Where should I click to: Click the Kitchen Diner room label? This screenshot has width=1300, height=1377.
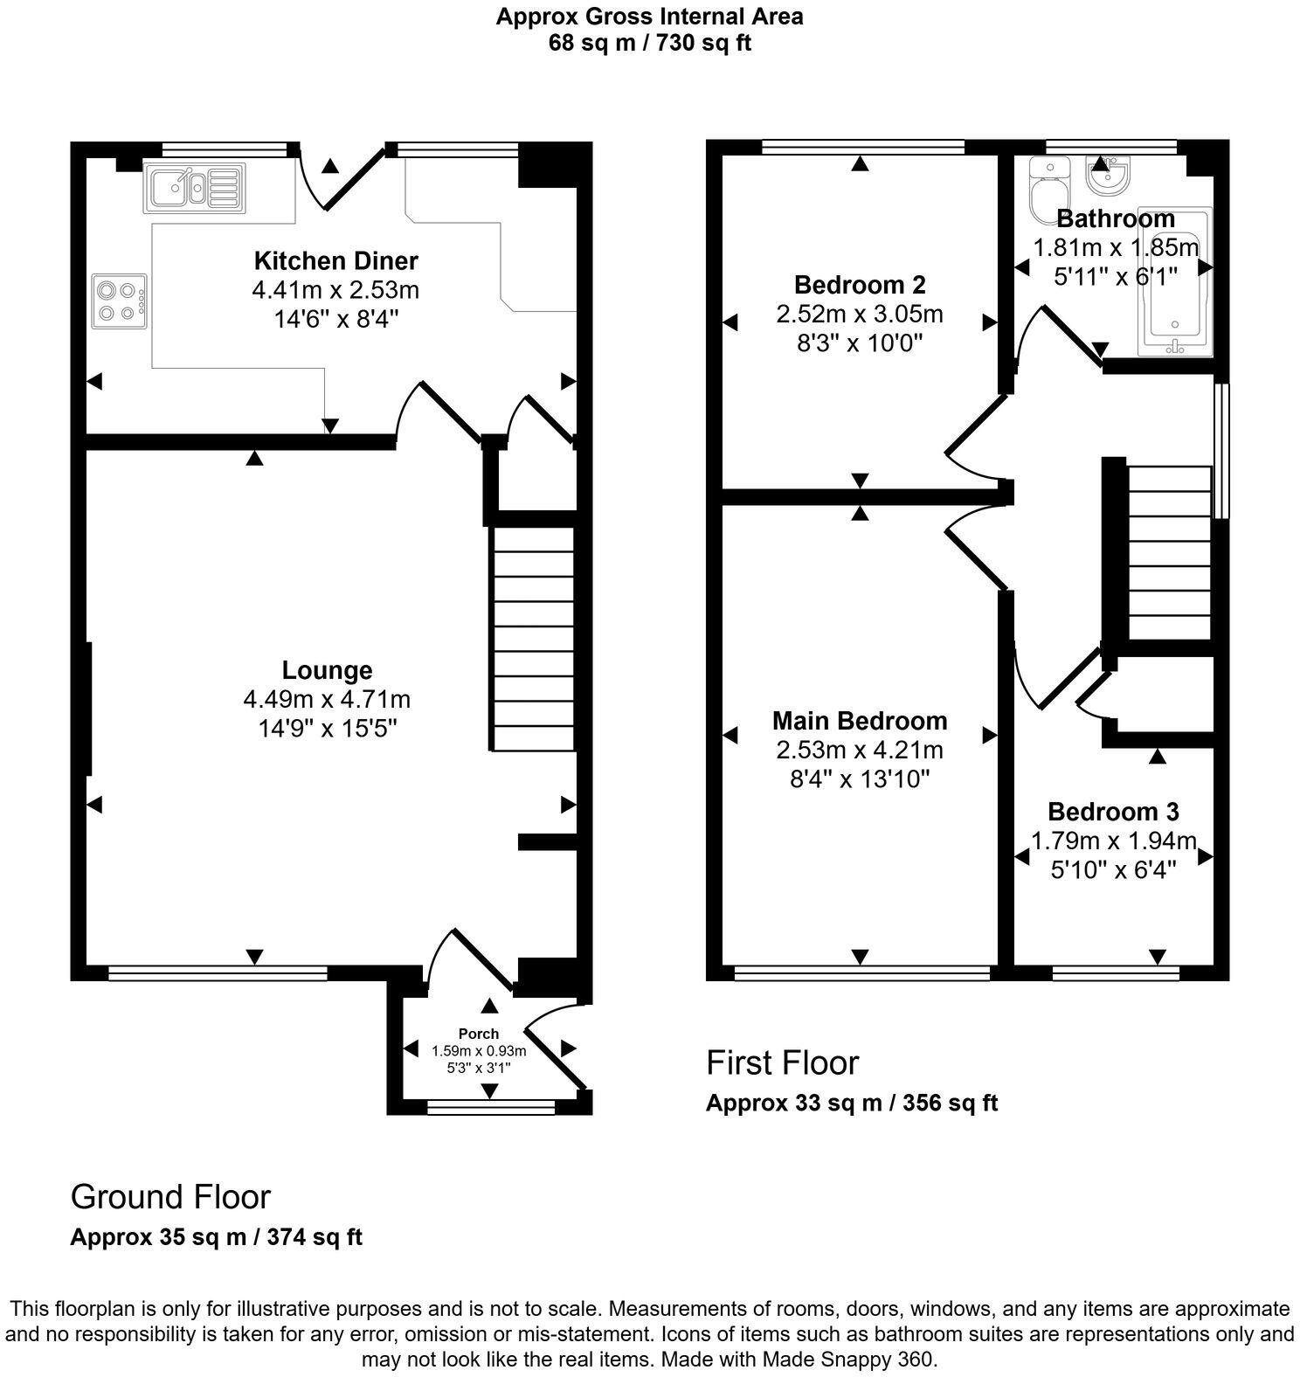pyautogui.click(x=335, y=260)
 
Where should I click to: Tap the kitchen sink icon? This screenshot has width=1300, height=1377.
pyautogui.click(x=194, y=187)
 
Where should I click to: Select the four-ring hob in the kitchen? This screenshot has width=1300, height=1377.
pyautogui.click(x=120, y=301)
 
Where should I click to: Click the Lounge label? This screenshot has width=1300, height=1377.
pyautogui.click(x=327, y=670)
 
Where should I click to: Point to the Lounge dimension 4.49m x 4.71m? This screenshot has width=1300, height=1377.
pyautogui.click(x=327, y=700)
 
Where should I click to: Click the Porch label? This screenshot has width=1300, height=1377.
pyautogui.click(x=479, y=1034)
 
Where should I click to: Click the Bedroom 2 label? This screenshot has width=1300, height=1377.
pyautogui.click(x=860, y=285)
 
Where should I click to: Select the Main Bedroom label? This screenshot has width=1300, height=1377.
pyautogui.click(x=860, y=721)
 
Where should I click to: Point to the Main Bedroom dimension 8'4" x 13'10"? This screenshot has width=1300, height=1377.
pyautogui.click(x=860, y=778)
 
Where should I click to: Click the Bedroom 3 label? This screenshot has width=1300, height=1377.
pyautogui.click(x=1113, y=812)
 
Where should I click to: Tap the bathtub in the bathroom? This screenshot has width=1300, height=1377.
pyautogui.click(x=1176, y=283)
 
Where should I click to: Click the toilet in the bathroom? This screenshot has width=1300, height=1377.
pyautogui.click(x=1046, y=188)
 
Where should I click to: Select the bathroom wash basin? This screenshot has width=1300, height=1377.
pyautogui.click(x=1108, y=175)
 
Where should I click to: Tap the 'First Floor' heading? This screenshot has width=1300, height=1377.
pyautogui.click(x=782, y=1062)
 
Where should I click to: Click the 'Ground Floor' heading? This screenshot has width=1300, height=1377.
pyautogui.click(x=170, y=1196)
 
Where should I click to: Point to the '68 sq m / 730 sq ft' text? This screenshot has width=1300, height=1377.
pyautogui.click(x=649, y=43)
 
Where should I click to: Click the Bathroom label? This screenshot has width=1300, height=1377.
pyautogui.click(x=1115, y=218)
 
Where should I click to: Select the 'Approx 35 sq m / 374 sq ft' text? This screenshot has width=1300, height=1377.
pyautogui.click(x=216, y=1237)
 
